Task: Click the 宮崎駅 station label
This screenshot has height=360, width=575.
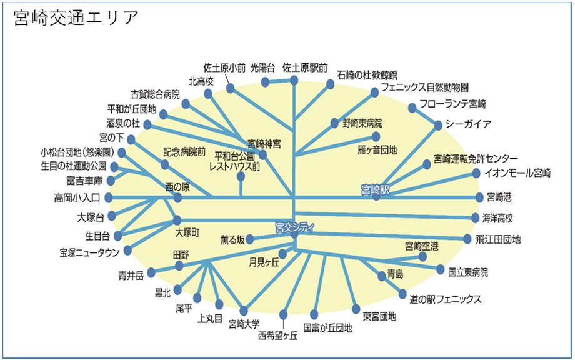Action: [x=375, y=189]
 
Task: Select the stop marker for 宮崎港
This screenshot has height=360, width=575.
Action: [x=480, y=197]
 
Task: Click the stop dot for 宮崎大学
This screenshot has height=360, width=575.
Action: [x=244, y=311]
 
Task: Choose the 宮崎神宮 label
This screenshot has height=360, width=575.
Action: [x=264, y=144]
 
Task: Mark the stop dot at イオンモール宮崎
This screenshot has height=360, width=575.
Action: [x=476, y=172]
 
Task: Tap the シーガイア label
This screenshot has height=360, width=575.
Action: [x=468, y=123]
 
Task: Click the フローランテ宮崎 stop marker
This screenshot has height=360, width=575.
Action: [x=412, y=107]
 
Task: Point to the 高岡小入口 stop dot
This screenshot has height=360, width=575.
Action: [x=108, y=197]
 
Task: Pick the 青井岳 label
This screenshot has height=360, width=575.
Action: [x=131, y=274]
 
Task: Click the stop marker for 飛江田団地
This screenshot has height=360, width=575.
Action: [x=467, y=239]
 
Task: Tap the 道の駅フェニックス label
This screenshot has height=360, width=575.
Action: [x=445, y=299]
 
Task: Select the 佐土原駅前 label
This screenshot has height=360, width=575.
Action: [x=305, y=67]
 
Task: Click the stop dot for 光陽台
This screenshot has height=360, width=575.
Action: [x=265, y=82]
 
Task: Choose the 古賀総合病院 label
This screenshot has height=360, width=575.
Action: [x=155, y=94]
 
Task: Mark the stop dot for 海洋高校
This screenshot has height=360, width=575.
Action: [x=476, y=218]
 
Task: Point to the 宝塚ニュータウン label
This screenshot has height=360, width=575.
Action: [x=90, y=252]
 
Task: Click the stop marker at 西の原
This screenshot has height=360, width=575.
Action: [x=177, y=198]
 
